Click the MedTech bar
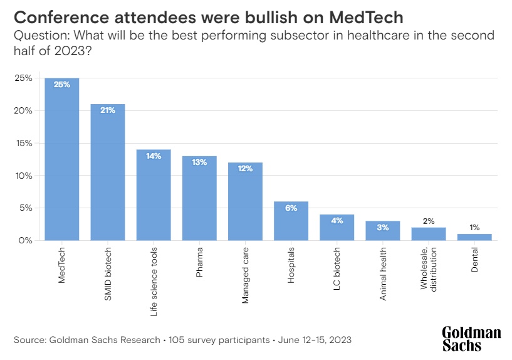tap(61, 159)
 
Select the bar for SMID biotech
tap(108, 172)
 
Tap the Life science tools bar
tap(154, 195)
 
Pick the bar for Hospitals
tap(291, 221)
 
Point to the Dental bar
tap(474, 237)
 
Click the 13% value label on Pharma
tap(199, 162)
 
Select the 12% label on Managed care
tap(245, 169)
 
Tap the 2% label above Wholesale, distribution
tap(429, 221)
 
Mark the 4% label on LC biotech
tap(337, 221)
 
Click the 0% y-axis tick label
tap(26, 241)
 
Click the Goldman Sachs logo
tap(471, 339)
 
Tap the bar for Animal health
tap(383, 231)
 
